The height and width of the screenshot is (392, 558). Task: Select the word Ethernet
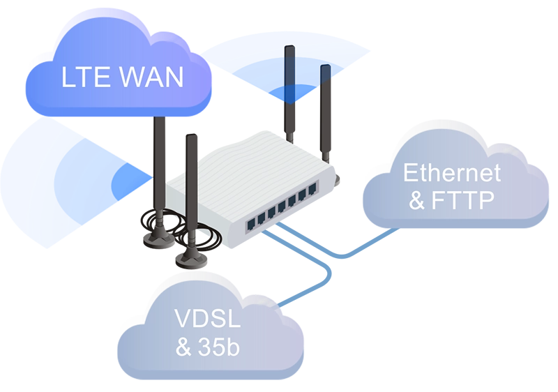452,172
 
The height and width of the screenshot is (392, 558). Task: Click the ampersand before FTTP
417,202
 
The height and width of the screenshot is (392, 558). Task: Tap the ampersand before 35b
183,347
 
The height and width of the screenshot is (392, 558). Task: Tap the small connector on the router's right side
338,183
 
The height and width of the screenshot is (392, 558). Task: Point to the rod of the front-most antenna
190,188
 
